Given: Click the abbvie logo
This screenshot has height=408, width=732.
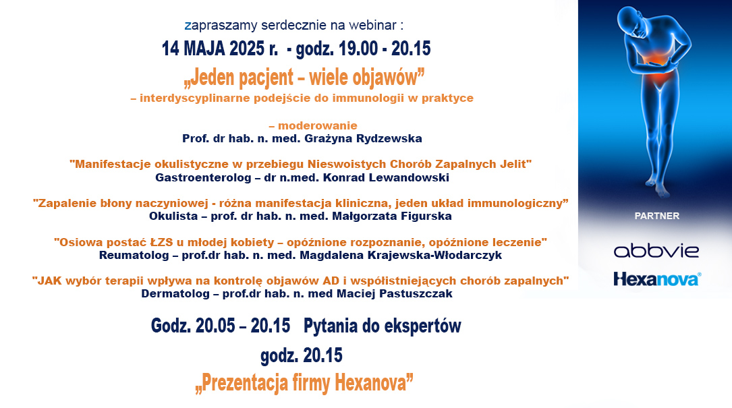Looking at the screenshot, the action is (656, 251).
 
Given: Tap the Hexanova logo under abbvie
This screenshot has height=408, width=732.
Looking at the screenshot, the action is (657, 279).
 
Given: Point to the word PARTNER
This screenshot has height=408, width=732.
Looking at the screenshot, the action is (657, 216).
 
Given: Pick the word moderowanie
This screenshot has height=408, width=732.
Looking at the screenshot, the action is (318, 125).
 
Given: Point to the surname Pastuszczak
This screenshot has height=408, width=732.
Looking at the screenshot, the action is (416, 293).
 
